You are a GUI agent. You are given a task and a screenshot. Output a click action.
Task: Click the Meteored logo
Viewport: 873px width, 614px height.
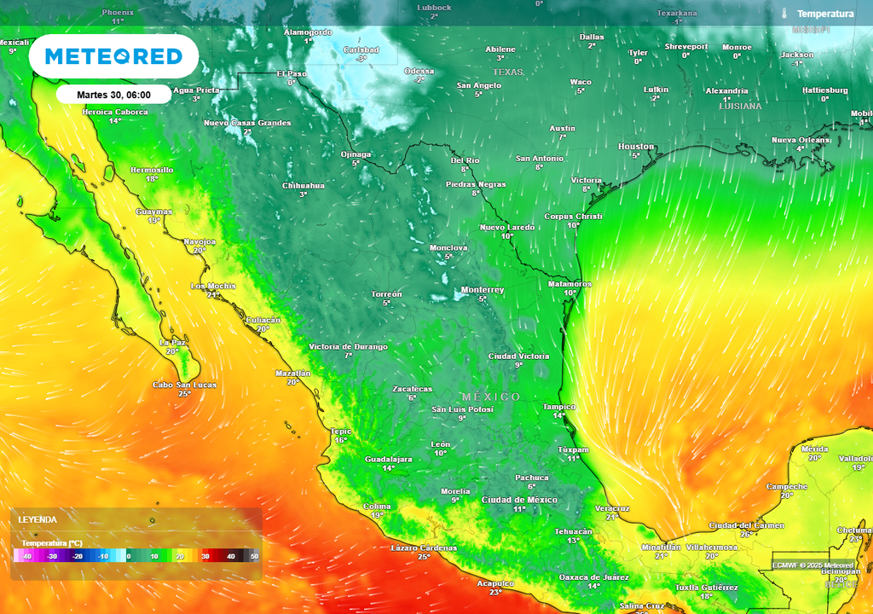[x=113, y=57]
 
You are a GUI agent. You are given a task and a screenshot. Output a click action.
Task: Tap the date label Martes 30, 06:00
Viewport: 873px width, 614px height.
[x=113, y=95]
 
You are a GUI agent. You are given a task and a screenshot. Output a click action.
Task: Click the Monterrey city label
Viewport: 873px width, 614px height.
[x=483, y=290]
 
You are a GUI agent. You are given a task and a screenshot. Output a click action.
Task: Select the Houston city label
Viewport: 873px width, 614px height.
[x=636, y=147]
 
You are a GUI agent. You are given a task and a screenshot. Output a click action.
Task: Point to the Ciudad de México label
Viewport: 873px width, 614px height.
[x=519, y=500]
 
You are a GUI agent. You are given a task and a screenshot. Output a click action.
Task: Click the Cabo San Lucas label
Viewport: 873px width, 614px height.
[x=184, y=385]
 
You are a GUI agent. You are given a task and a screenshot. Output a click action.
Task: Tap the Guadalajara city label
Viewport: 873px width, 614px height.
[x=388, y=459]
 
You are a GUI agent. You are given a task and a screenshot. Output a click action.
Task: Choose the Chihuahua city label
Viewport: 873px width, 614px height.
[x=304, y=185]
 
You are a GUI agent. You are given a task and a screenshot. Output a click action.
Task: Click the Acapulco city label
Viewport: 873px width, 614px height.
[x=495, y=583]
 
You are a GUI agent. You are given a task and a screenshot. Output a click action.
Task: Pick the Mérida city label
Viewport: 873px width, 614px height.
[x=814, y=449]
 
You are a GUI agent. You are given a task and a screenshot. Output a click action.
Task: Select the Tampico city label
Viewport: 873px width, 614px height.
[x=559, y=407]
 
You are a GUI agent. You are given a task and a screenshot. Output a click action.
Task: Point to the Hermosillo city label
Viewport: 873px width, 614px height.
[x=152, y=170]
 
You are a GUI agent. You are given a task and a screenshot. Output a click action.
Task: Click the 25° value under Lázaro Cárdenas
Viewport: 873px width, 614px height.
[x=424, y=557]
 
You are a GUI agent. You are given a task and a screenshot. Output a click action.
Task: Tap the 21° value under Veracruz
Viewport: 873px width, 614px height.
[x=612, y=517]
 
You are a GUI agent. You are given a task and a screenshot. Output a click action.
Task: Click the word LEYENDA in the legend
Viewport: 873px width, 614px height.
[x=38, y=519]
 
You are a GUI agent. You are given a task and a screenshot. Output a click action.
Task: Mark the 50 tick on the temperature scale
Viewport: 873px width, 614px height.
[x=254, y=557]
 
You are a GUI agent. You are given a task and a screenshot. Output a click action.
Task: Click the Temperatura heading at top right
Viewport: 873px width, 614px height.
[x=825, y=14]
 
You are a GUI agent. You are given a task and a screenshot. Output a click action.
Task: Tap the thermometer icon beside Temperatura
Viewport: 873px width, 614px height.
[x=783, y=14]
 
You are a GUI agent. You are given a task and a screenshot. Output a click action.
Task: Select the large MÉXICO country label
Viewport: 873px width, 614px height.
[x=491, y=397]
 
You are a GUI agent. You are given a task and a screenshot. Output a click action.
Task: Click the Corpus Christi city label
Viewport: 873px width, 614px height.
[x=573, y=217]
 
